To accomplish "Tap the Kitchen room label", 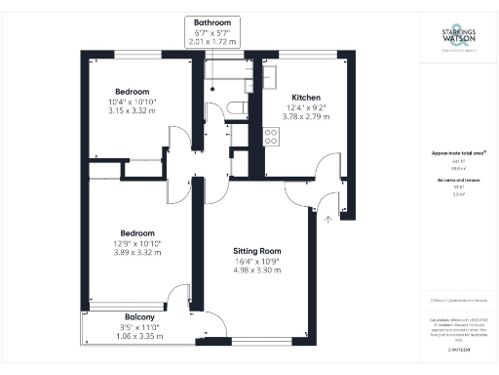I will [x=303, y=98].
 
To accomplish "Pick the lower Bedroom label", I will [x=136, y=233].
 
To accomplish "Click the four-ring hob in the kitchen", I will [x=272, y=138].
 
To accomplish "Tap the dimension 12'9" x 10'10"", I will [x=136, y=243].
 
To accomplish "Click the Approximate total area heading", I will [x=450, y=153].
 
